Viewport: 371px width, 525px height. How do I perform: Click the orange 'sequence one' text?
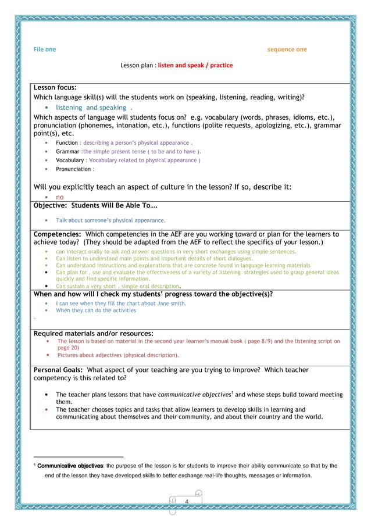click(x=287, y=49)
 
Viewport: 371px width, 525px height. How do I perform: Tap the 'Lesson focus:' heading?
click(x=55, y=88)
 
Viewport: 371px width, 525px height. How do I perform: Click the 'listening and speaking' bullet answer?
click(x=91, y=108)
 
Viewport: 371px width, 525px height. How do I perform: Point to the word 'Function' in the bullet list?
click(x=66, y=142)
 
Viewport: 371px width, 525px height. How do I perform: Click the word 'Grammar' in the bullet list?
click(x=67, y=151)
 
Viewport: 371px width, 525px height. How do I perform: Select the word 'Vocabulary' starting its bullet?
click(x=70, y=160)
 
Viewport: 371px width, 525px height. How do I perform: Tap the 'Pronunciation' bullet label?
click(x=73, y=169)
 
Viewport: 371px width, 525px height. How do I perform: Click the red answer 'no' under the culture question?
click(x=59, y=197)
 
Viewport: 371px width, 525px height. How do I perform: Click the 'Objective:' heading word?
click(x=51, y=206)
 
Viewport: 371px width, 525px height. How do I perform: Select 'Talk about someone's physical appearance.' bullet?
click(x=110, y=220)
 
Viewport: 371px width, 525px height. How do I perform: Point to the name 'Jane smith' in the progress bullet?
click(x=172, y=303)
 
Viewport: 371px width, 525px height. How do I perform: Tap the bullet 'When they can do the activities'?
click(x=96, y=310)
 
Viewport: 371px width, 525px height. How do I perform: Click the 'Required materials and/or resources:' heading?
click(x=94, y=333)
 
